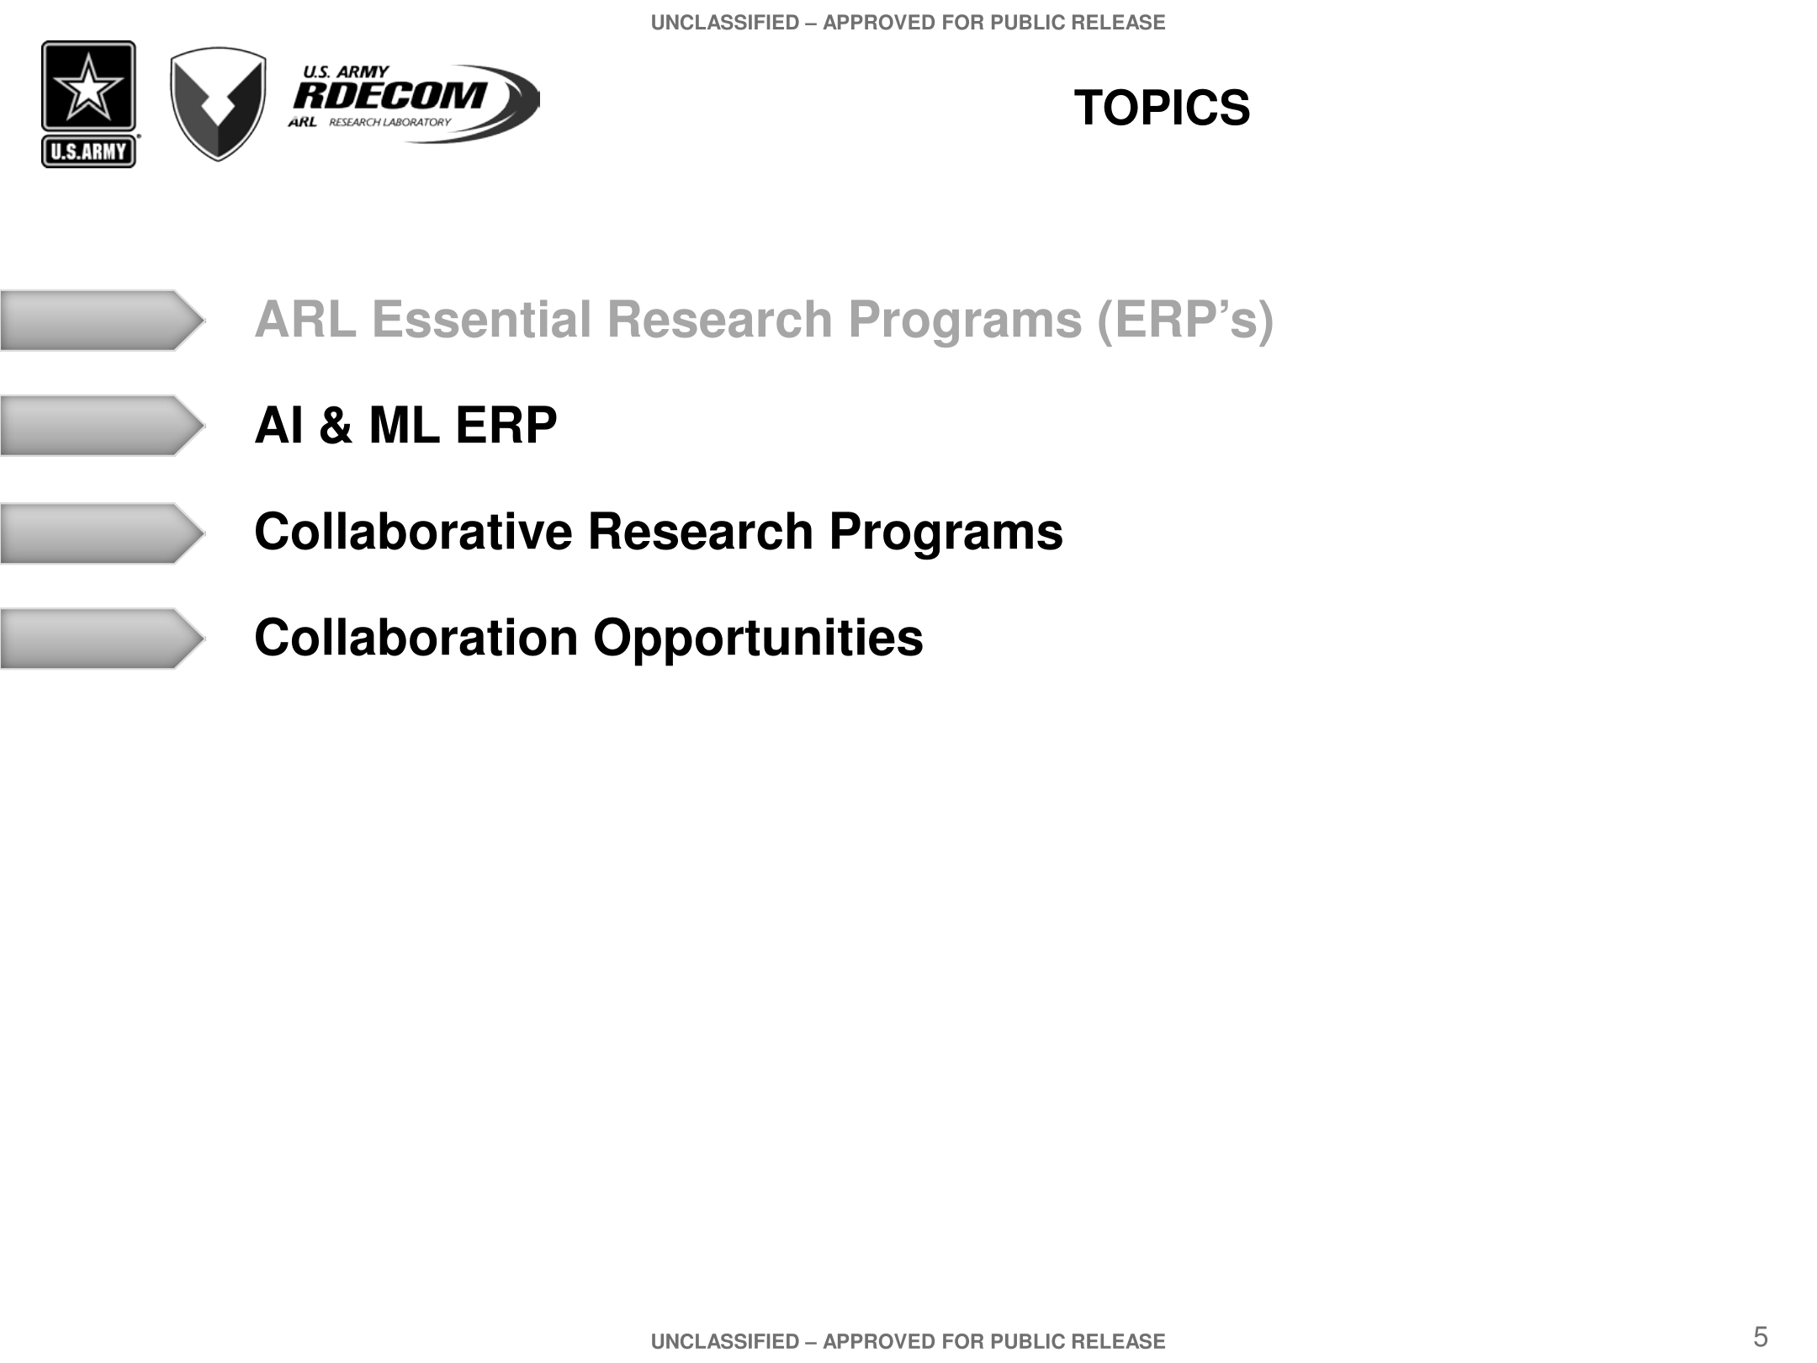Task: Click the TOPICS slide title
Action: coord(1162,109)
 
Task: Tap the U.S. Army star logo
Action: coord(88,104)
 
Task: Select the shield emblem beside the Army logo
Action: coord(218,103)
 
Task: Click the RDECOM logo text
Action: coord(389,95)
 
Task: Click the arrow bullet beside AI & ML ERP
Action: coord(102,426)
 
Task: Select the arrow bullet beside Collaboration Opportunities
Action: coord(102,639)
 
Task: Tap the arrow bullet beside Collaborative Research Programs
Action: coord(102,533)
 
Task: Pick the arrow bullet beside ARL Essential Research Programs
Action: coord(102,321)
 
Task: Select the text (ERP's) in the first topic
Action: coord(1185,321)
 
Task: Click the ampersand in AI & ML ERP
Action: coord(336,425)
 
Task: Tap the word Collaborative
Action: coord(414,532)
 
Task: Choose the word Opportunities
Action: coord(758,639)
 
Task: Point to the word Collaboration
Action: coord(416,638)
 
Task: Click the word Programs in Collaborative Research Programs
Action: coord(946,533)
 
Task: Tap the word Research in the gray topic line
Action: coord(719,320)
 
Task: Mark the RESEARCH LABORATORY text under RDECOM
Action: coord(389,122)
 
